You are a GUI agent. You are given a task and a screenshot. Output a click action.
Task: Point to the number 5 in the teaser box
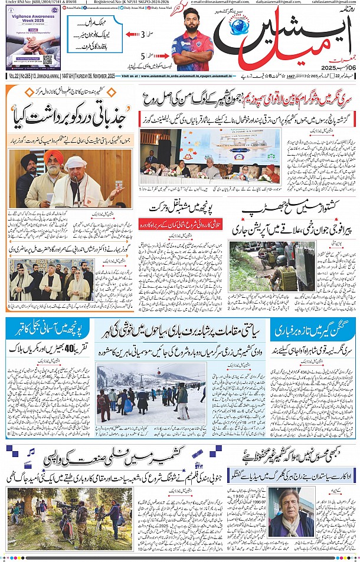pos(142,56)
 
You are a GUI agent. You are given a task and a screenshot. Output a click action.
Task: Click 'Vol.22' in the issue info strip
pos(13,76)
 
